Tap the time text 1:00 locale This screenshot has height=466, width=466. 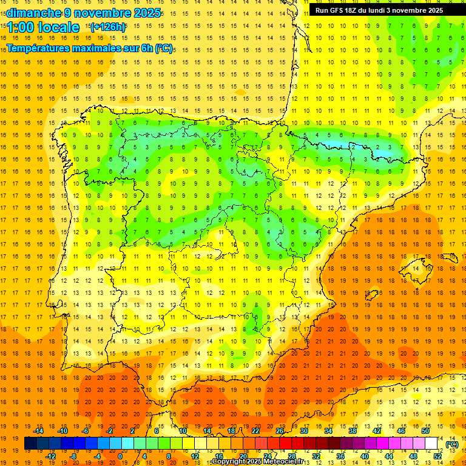43,27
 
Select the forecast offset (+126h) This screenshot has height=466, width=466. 107,27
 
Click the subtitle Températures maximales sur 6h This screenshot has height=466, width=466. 79,47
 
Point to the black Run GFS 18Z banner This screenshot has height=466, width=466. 379,10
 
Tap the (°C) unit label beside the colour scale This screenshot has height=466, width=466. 452,444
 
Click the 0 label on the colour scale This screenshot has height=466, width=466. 120,456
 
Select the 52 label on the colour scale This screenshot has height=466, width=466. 437,456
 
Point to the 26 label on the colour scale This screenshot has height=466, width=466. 279,431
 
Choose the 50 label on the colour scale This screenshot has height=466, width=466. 425,431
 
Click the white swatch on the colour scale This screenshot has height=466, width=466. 431,444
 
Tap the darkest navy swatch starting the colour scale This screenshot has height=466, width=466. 30,444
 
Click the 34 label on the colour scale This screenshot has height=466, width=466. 328,431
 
